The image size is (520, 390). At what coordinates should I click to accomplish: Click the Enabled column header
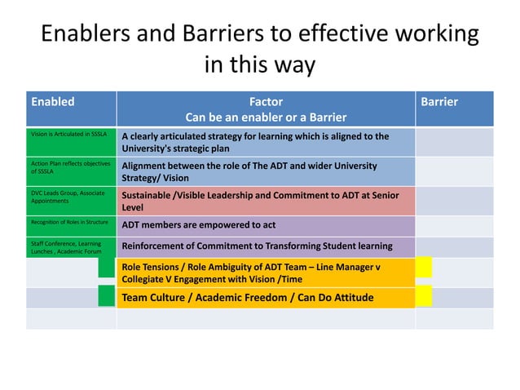(x=53, y=102)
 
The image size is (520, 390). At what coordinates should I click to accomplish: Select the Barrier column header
(x=439, y=102)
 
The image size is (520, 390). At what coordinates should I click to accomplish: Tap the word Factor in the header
(x=266, y=102)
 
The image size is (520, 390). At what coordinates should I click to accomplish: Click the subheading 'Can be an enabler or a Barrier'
(x=266, y=117)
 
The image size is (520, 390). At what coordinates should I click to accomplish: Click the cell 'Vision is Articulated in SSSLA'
(x=71, y=134)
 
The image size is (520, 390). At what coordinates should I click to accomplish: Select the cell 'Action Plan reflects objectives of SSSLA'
(x=71, y=167)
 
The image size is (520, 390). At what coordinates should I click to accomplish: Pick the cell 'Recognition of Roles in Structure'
(x=71, y=222)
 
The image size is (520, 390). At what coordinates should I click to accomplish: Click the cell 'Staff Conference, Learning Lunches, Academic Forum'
(x=71, y=247)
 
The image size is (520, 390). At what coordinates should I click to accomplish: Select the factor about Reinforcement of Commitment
(x=257, y=246)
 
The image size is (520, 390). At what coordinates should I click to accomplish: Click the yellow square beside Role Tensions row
(x=423, y=267)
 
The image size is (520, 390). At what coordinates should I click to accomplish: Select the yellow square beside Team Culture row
(x=423, y=296)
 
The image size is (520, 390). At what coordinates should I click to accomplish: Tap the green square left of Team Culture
(x=107, y=296)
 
